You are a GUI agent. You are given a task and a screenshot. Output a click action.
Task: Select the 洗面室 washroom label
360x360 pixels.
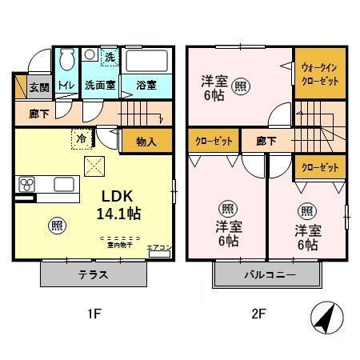101,84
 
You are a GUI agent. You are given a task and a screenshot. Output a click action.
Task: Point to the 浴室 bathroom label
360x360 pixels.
146,84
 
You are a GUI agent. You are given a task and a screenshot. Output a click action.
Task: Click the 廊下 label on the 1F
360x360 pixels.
38,114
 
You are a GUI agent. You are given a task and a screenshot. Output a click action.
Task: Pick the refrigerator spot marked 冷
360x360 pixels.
82,137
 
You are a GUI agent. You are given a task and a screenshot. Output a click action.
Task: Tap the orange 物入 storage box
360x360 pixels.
145,142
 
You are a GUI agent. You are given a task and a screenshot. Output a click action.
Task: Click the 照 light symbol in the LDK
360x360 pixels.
56,225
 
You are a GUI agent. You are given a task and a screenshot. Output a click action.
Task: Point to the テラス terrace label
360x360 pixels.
94,275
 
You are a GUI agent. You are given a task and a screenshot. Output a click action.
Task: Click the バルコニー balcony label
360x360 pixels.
270,275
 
